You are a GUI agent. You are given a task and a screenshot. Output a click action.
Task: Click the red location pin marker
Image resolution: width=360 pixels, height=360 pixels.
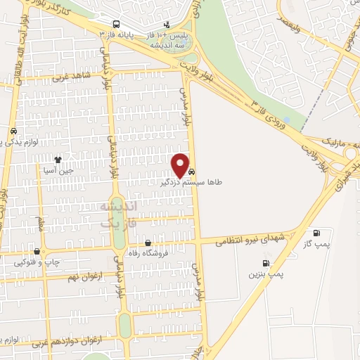181,165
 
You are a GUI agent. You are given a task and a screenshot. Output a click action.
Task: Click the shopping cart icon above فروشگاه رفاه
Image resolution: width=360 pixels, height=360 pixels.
147,243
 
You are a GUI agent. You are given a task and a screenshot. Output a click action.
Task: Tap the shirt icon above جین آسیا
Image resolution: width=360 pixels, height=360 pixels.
67,160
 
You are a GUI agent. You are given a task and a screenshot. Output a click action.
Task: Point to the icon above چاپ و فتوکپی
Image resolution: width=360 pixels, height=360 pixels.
37,251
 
